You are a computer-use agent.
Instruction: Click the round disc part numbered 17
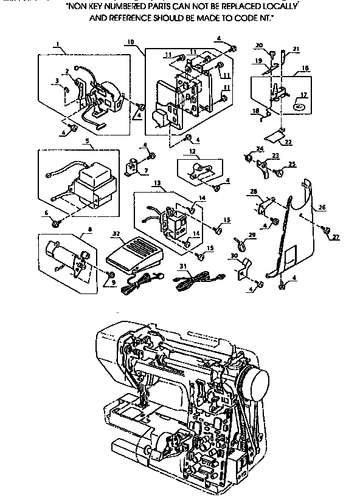pyautogui.click(x=299, y=106)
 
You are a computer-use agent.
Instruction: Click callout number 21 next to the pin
pyautogui.click(x=296, y=49)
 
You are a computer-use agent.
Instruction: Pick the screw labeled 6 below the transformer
pyautogui.click(x=56, y=223)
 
